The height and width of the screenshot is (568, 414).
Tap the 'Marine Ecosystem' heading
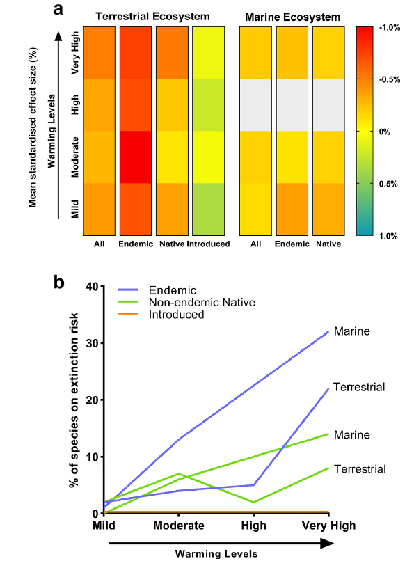click(x=292, y=15)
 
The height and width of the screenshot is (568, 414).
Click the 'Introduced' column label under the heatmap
click(x=209, y=244)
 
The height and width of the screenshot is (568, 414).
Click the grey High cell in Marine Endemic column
click(x=293, y=105)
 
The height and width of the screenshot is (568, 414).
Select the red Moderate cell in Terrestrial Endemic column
click(x=136, y=157)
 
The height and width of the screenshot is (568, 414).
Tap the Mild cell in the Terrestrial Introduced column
click(x=209, y=209)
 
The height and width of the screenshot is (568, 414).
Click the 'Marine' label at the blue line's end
click(x=351, y=332)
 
